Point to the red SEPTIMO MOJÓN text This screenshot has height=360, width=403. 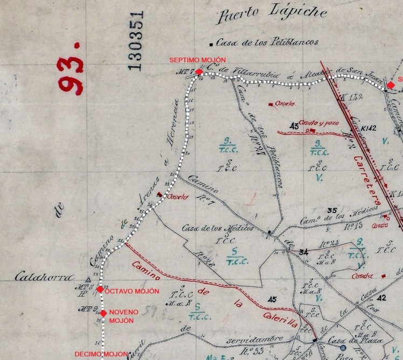(x=197, y=60)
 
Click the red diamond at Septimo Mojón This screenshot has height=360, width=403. (x=199, y=72)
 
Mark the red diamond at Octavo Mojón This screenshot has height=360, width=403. (x=100, y=290)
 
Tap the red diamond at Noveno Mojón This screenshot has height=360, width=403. (x=103, y=313)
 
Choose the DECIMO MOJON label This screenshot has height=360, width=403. (x=101, y=354)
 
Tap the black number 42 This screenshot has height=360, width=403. (x=382, y=297)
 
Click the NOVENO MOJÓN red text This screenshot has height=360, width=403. (x=124, y=316)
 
